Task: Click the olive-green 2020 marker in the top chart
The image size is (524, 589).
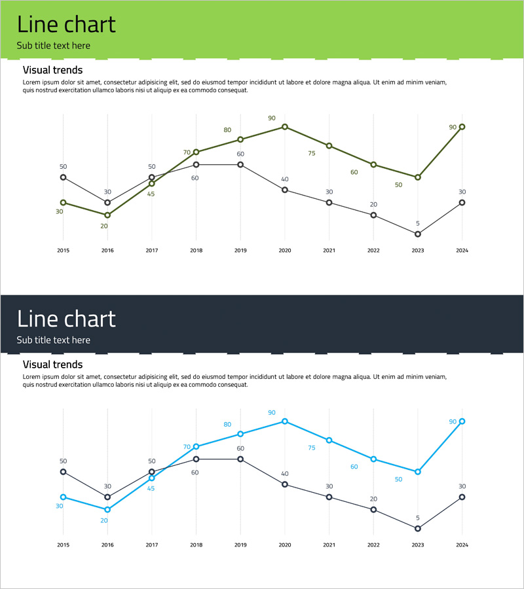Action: (x=285, y=126)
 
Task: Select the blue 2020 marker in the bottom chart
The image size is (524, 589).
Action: (x=285, y=421)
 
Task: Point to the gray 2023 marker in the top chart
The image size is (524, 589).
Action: (x=418, y=234)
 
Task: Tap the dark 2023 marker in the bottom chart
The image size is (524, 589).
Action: (x=418, y=528)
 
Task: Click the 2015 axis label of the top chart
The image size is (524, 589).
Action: (x=64, y=250)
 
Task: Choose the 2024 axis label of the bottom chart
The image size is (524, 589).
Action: (x=462, y=544)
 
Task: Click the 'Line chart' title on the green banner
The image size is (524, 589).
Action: (x=66, y=25)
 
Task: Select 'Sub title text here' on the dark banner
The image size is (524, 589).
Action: (x=54, y=340)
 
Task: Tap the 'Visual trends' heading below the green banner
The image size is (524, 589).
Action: (x=52, y=69)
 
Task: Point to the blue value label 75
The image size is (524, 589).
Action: (x=312, y=448)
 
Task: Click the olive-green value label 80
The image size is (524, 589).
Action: (x=227, y=130)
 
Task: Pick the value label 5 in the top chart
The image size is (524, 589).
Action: (x=418, y=223)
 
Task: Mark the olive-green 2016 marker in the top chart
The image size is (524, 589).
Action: (x=107, y=215)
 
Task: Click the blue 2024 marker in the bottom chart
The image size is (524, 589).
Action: (x=462, y=421)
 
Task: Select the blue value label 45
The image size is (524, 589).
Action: (x=151, y=488)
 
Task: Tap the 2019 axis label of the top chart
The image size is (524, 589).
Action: (x=240, y=250)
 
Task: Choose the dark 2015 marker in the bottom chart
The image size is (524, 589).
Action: (x=64, y=471)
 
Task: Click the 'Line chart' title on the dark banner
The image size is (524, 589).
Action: (x=66, y=319)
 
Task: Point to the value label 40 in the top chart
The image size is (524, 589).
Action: (x=285, y=179)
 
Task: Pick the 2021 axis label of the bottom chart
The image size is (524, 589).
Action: (x=329, y=544)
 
